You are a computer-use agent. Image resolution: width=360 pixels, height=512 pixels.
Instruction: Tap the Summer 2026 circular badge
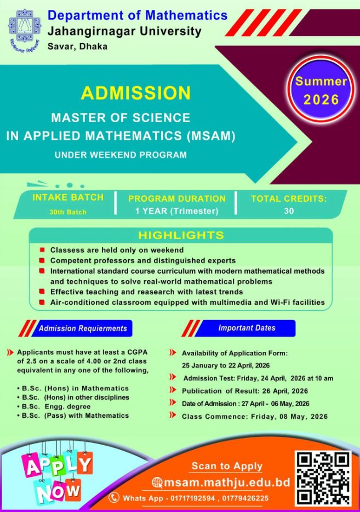coord(321,91)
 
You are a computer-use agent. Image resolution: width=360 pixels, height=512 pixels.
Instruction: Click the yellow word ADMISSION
coord(136,93)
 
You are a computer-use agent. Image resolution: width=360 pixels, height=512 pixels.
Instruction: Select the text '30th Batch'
coord(68,212)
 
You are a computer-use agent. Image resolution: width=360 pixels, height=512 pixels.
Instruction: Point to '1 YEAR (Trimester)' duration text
coord(176,211)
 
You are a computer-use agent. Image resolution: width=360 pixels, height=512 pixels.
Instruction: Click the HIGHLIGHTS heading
coord(181,236)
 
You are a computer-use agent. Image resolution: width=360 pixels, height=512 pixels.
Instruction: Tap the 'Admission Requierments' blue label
coord(83,329)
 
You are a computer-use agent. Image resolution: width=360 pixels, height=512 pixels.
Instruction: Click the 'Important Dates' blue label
coord(247,328)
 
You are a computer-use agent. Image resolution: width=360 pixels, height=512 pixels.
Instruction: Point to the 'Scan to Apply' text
coord(227,467)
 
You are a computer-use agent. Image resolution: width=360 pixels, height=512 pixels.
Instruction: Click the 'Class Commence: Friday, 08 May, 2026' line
coord(254,417)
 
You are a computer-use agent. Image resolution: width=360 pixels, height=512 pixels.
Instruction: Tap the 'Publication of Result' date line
coord(244,391)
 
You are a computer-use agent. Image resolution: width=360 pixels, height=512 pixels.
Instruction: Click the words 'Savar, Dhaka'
coord(77,47)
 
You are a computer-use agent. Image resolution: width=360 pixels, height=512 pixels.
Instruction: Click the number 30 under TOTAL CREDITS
coord(289,211)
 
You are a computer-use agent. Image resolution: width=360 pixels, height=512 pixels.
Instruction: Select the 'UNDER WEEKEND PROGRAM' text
coord(121,155)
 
